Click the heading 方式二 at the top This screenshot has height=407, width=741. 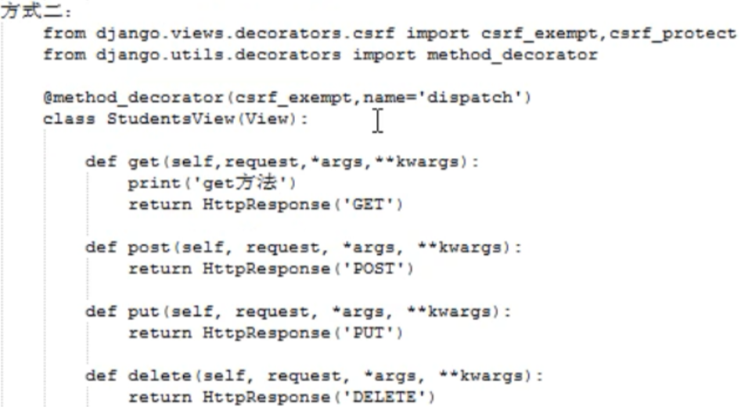pyautogui.click(x=26, y=14)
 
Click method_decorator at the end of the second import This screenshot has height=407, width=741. pyautogui.click(x=512, y=56)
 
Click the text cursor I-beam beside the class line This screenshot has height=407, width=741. pyautogui.click(x=379, y=120)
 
